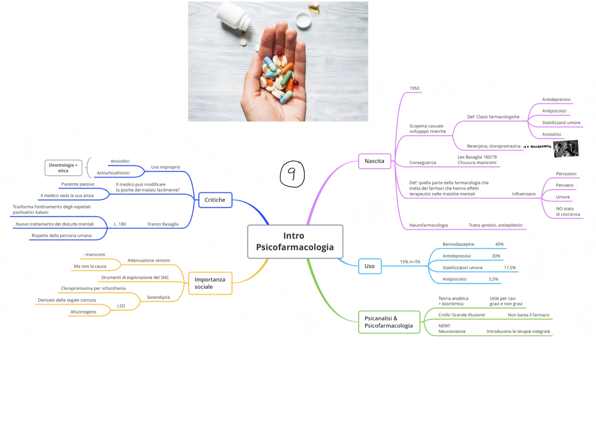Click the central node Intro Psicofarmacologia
(x=295, y=242)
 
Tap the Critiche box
(x=215, y=200)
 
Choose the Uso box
(x=370, y=266)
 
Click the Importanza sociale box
(x=210, y=283)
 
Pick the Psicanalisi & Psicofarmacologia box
(x=389, y=322)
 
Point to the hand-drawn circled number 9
(x=292, y=174)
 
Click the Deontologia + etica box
(x=63, y=168)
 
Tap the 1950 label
(x=414, y=88)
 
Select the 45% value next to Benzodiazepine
(x=499, y=244)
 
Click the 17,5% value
(x=509, y=268)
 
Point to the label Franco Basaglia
(x=163, y=224)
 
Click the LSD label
(x=121, y=306)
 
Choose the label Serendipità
(x=158, y=297)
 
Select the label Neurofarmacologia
(x=428, y=225)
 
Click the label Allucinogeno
(x=83, y=312)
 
